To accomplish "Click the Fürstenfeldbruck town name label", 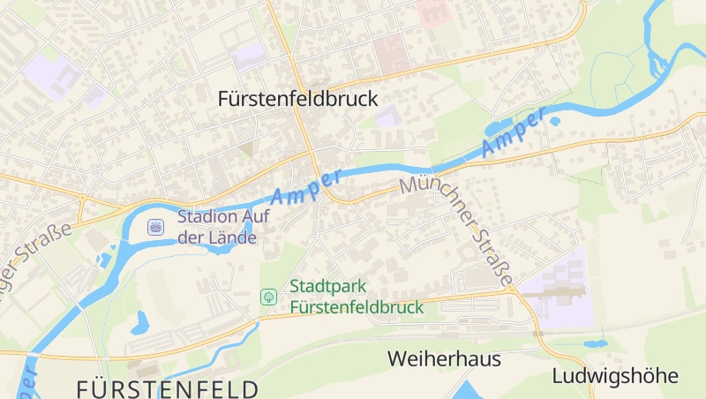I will point(297,99).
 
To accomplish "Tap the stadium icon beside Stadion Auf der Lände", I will point(155,227).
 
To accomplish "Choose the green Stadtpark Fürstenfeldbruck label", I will point(357,297).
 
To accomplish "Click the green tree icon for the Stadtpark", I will point(267,297).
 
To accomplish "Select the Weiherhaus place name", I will point(444,359).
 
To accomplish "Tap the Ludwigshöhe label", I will point(615,375).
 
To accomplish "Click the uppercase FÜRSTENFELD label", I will point(168,388).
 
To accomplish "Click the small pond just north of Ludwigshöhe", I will point(595,343).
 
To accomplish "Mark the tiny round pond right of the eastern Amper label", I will point(554,122).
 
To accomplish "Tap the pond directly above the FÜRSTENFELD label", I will point(139,323).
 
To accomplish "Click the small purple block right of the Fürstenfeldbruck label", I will point(387,116).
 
